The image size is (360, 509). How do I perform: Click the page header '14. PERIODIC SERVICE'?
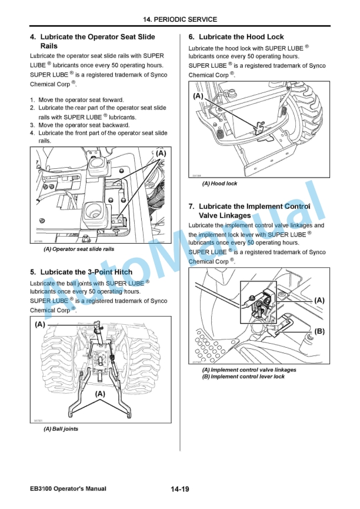click(180, 19)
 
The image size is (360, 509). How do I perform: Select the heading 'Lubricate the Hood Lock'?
click(241, 37)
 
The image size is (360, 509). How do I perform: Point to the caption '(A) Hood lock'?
click(220, 184)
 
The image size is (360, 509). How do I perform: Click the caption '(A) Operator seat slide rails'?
click(79, 249)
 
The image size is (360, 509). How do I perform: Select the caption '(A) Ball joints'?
click(61, 429)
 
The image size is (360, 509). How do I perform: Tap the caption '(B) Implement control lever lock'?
click(243, 377)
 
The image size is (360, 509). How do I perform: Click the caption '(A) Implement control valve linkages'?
click(249, 370)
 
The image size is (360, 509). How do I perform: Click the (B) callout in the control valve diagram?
click(319, 331)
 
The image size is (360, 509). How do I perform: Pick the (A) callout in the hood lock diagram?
click(198, 95)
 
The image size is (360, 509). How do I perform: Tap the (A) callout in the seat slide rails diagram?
click(161, 153)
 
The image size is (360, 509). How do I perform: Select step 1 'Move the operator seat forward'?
click(81, 100)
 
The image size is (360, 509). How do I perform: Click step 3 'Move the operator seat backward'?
click(83, 125)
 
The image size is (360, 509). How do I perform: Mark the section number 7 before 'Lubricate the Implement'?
click(192, 207)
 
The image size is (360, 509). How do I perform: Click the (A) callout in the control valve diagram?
click(319, 300)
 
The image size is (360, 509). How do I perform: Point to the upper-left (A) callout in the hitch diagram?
click(40, 324)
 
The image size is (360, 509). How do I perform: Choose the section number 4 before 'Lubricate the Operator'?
click(33, 37)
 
